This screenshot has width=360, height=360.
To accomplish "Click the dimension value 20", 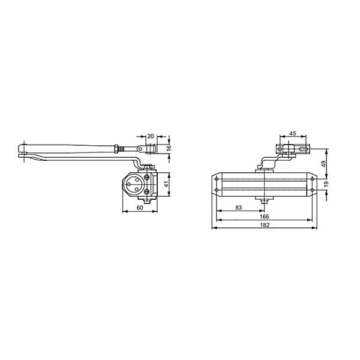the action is pos(151,136).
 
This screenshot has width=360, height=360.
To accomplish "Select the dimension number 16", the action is pos(169,148).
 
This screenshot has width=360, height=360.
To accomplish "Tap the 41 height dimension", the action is pos(167,184).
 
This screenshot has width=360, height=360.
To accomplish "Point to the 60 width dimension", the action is pos(140,208).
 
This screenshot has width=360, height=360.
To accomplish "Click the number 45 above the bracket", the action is pos(293,133).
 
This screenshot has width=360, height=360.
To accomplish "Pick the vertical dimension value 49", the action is pos(323,164).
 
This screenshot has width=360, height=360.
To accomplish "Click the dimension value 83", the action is pos(239,208).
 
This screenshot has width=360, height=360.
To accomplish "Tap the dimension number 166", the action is pos(264,217).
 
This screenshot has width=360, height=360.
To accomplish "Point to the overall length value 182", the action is pos(265,225).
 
